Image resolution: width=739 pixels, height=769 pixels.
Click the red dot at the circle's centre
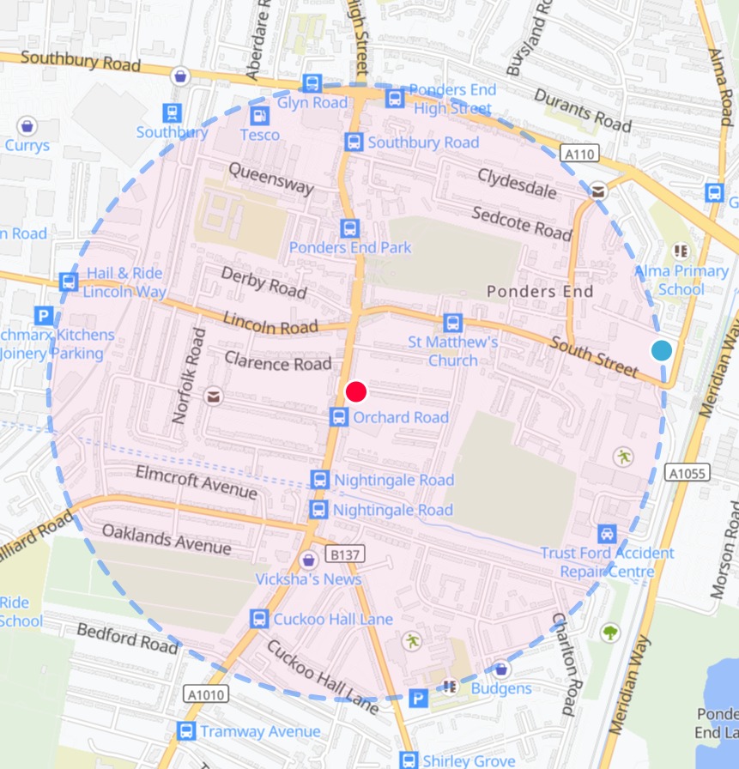[356, 392]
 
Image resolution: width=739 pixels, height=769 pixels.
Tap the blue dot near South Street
[661, 350]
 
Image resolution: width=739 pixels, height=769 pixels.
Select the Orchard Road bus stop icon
[340, 417]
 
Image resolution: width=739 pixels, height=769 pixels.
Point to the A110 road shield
[578, 154]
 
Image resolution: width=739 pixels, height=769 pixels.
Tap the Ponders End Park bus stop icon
[349, 228]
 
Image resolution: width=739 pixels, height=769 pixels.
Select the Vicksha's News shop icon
[309, 560]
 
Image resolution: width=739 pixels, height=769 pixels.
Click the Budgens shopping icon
[500, 669]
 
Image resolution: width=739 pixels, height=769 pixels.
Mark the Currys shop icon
[27, 126]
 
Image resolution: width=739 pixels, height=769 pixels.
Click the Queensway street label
[270, 179]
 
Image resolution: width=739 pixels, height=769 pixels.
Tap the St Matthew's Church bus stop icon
[452, 324]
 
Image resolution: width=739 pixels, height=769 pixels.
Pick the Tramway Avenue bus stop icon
[185, 731]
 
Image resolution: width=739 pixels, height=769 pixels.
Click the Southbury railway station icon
[172, 112]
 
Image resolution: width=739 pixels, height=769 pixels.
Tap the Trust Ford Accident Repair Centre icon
[608, 533]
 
